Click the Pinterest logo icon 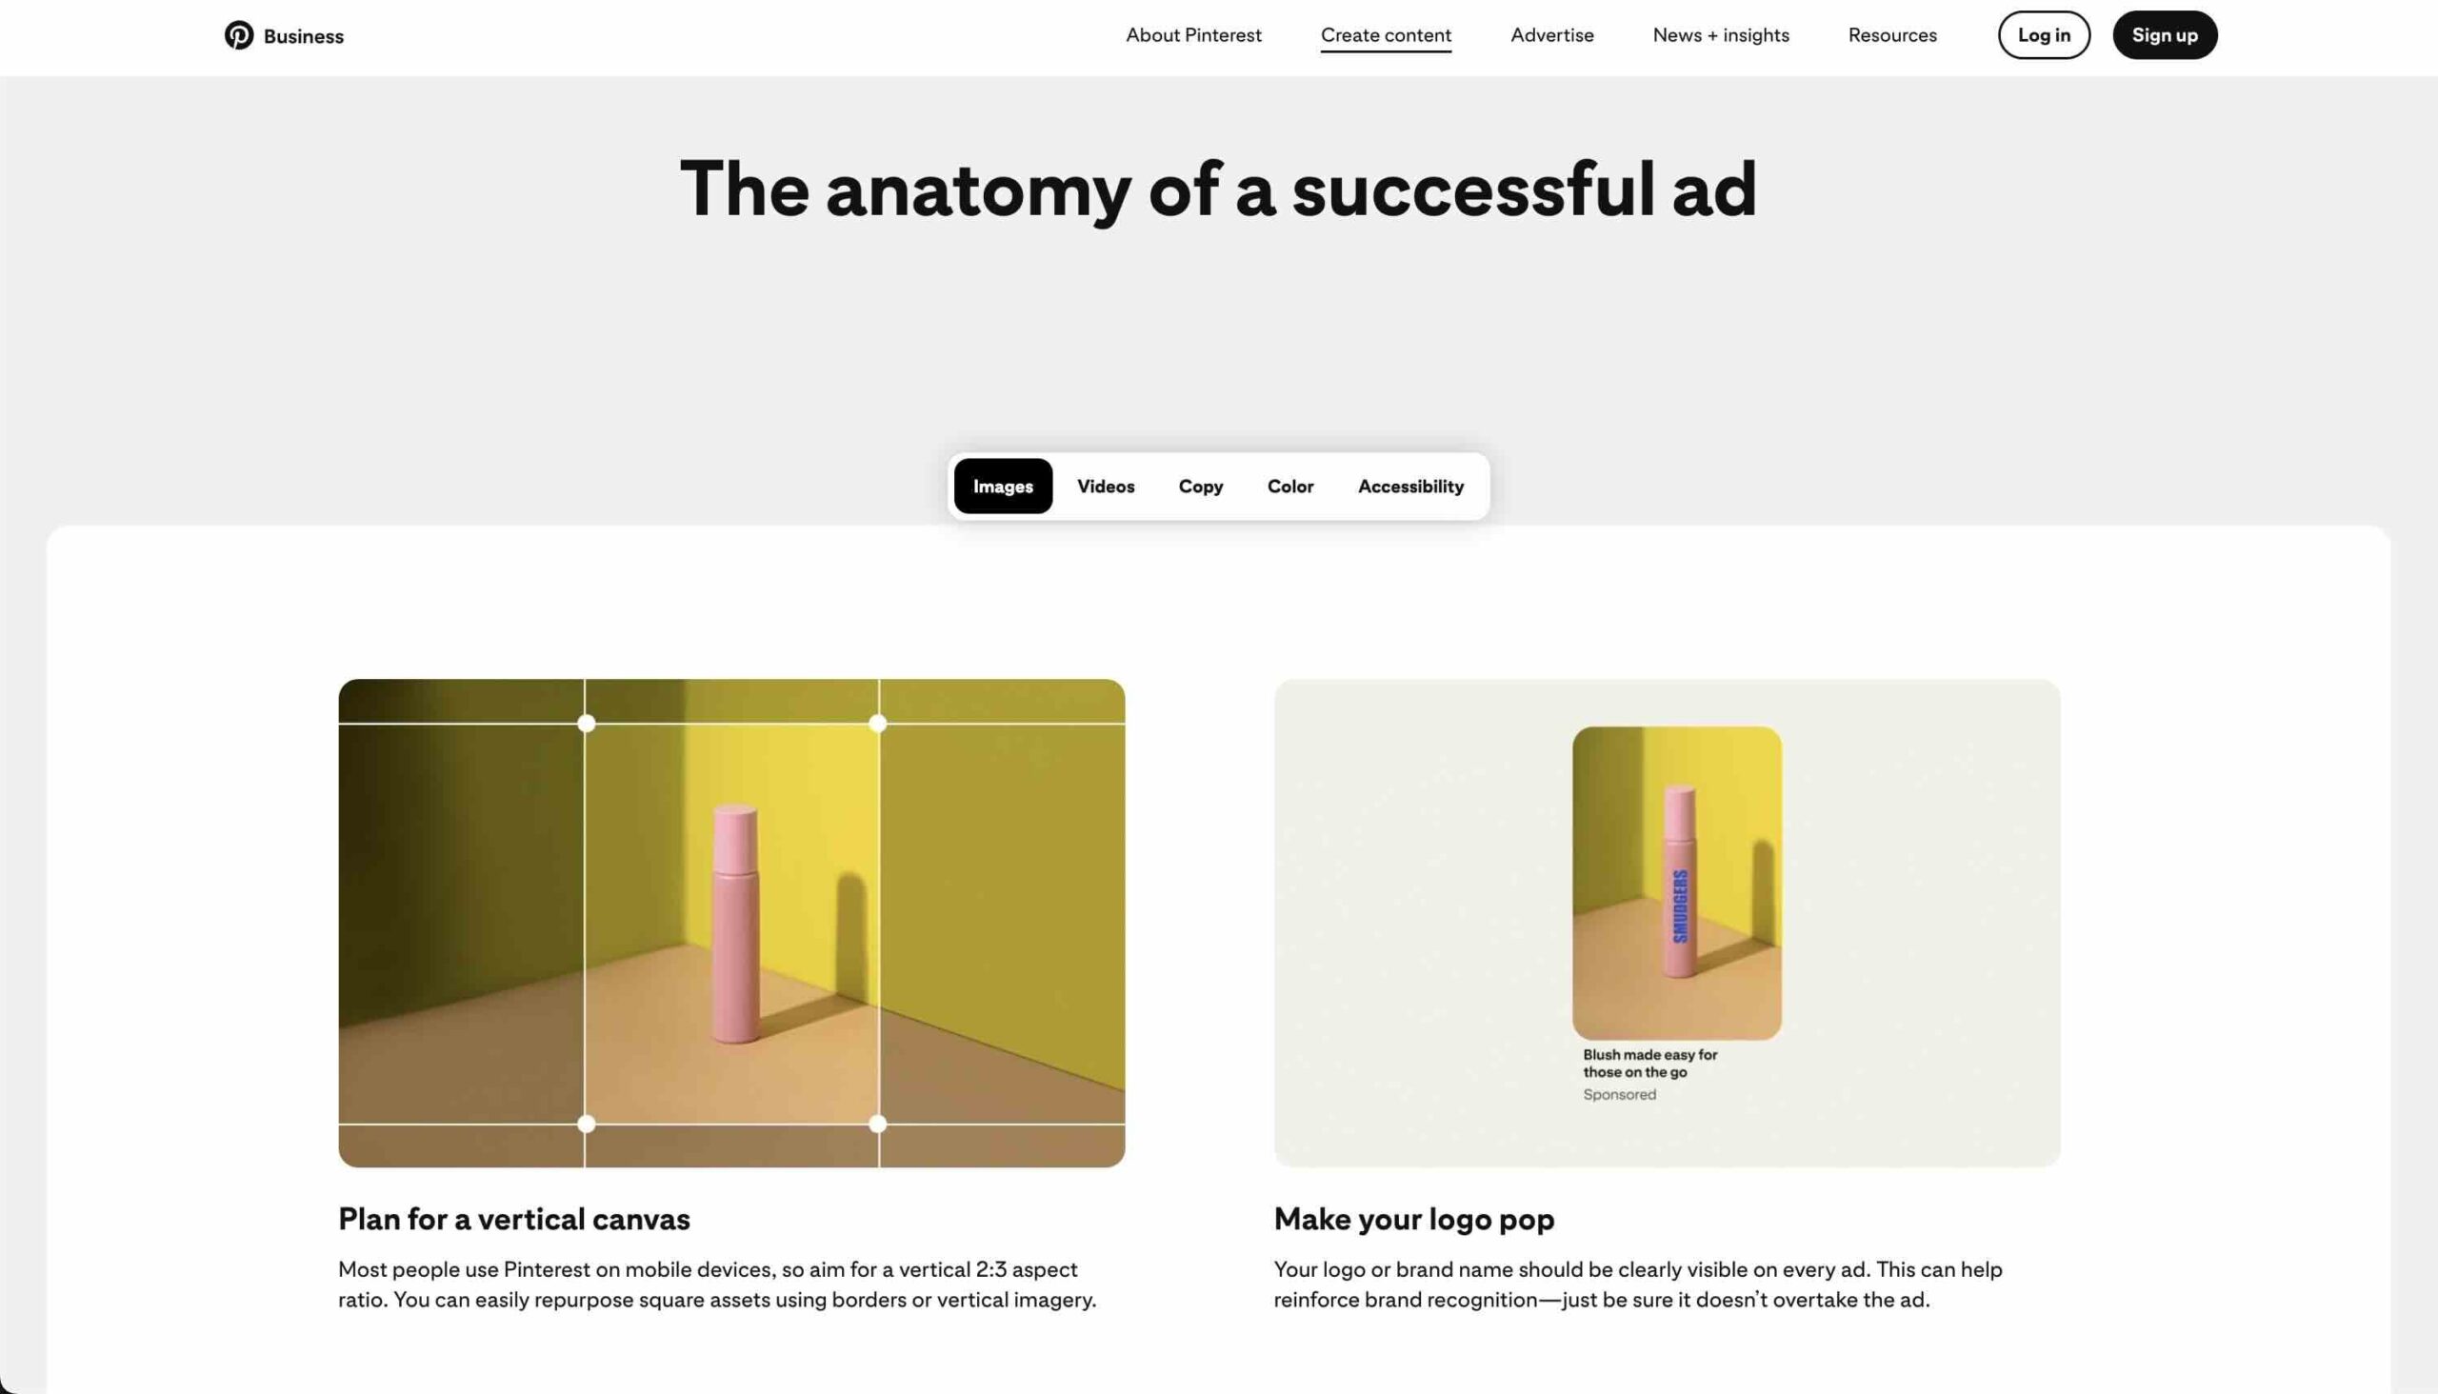(238, 35)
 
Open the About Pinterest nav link (1193, 35)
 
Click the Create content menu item (1386, 35)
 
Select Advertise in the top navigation (1551, 35)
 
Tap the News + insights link (1720, 35)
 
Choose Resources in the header (1891, 35)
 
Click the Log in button (2044, 35)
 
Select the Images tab (1003, 487)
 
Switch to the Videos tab (1105, 487)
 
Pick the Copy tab (1200, 487)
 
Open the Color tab (1289, 487)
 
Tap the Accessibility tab (1409, 487)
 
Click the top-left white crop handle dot (586, 724)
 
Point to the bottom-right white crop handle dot (877, 1124)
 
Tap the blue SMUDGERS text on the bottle (1680, 906)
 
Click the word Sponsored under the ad (1618, 1094)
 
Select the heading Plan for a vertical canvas (513, 1219)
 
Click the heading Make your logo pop (1413, 1219)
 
